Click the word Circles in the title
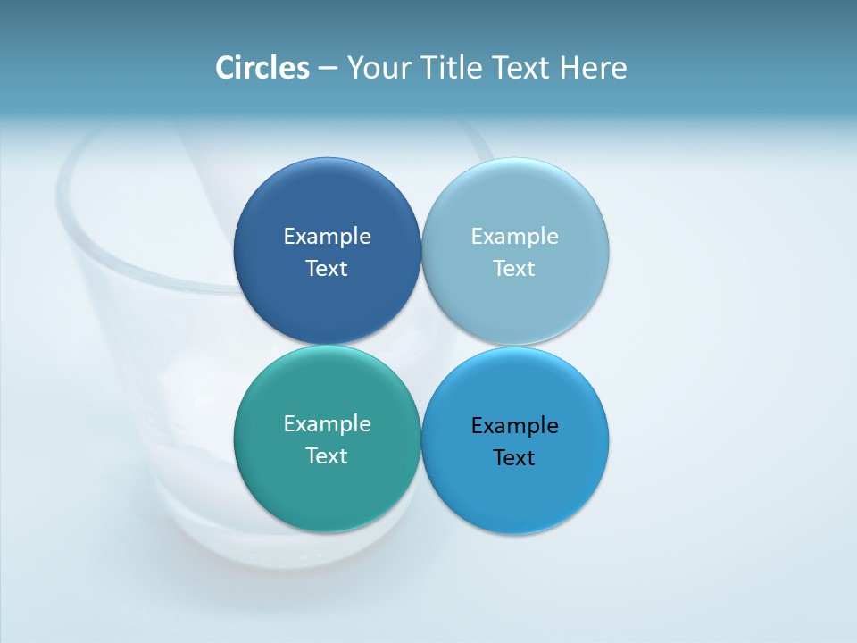point(262,68)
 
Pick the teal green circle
point(327,487)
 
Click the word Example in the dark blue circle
point(327,237)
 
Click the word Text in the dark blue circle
point(327,269)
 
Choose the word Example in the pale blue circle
point(515,237)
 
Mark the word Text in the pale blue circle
point(515,269)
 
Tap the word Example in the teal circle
point(327,424)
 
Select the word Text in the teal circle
point(327,456)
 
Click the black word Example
point(515,426)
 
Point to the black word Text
point(515,458)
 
